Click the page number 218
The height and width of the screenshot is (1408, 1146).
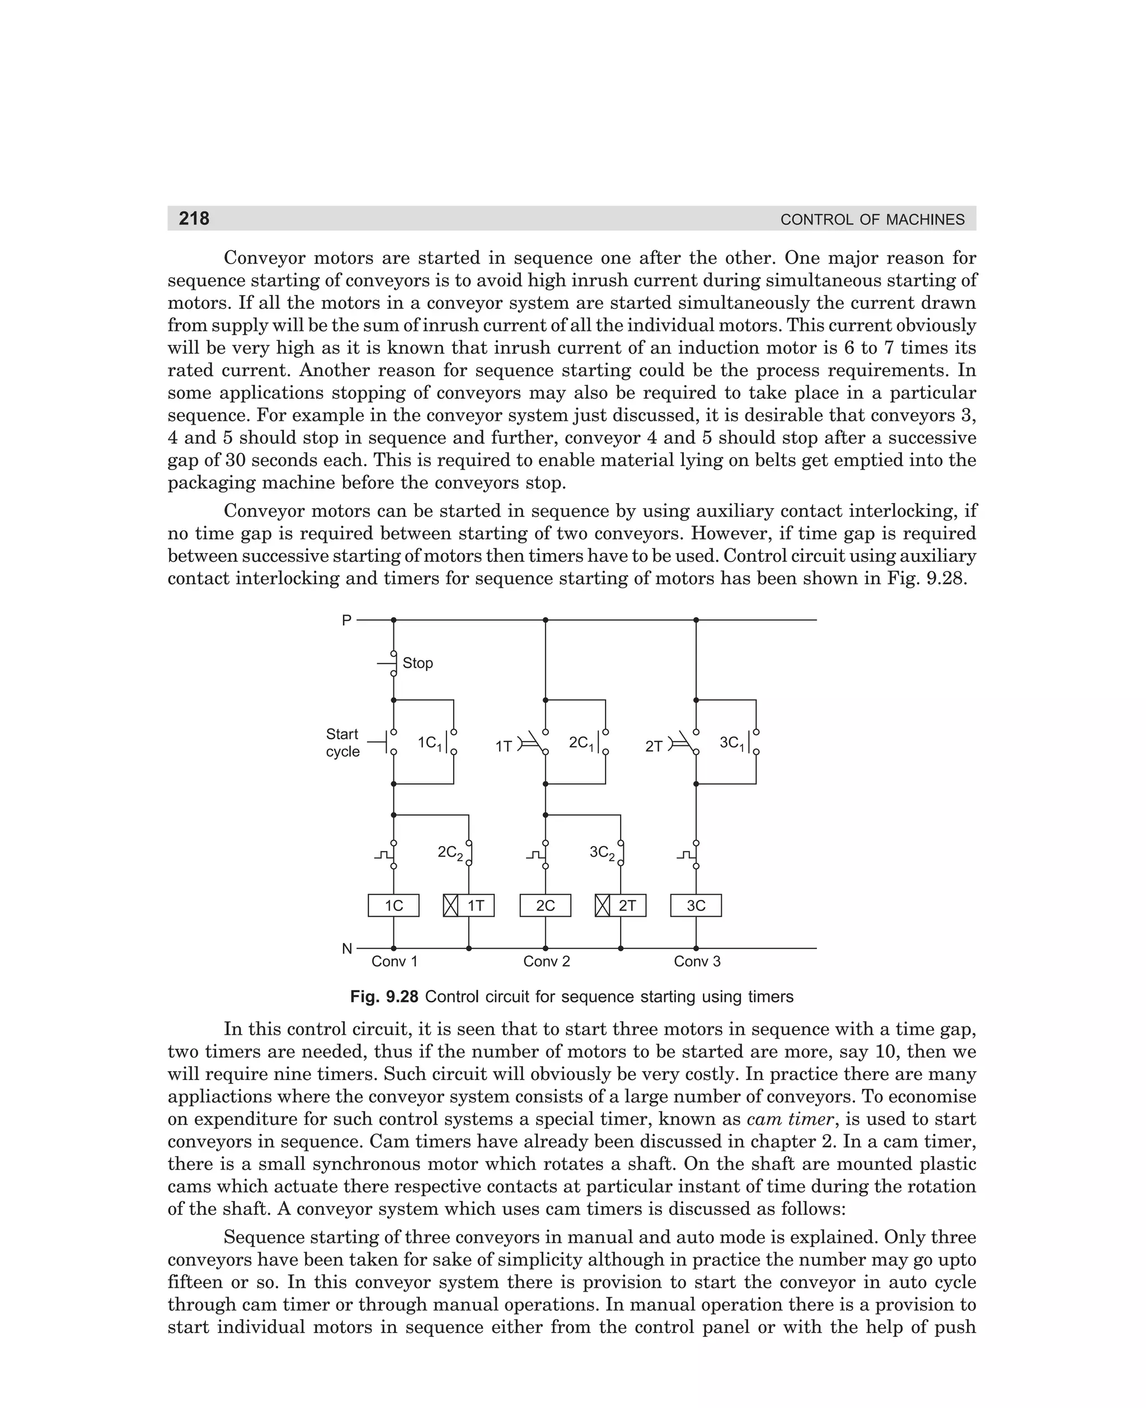pyautogui.click(x=194, y=218)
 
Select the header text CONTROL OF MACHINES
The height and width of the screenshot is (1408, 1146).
pyautogui.click(x=872, y=220)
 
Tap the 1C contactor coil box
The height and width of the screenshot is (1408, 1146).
pyautogui.click(x=393, y=905)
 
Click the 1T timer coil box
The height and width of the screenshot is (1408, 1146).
pyautogui.click(x=469, y=905)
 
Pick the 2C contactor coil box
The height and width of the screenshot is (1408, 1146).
pyautogui.click(x=545, y=905)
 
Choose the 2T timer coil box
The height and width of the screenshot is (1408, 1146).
pyautogui.click(x=621, y=905)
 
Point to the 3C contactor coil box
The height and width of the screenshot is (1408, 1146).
pyautogui.click(x=696, y=905)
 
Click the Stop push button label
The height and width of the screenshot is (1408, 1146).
pyautogui.click(x=418, y=663)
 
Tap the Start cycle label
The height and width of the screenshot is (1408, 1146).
pyautogui.click(x=342, y=743)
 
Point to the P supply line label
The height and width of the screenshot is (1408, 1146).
pyautogui.click(x=346, y=621)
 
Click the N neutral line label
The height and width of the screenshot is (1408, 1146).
pyautogui.click(x=346, y=949)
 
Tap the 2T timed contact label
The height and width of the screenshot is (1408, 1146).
pyautogui.click(x=654, y=747)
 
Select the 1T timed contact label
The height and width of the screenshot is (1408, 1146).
pyautogui.click(x=504, y=747)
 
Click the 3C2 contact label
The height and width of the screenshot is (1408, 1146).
pyautogui.click(x=602, y=853)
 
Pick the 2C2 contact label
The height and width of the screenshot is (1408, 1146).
pyautogui.click(x=450, y=853)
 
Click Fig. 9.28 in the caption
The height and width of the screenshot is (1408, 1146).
pyautogui.click(x=384, y=997)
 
